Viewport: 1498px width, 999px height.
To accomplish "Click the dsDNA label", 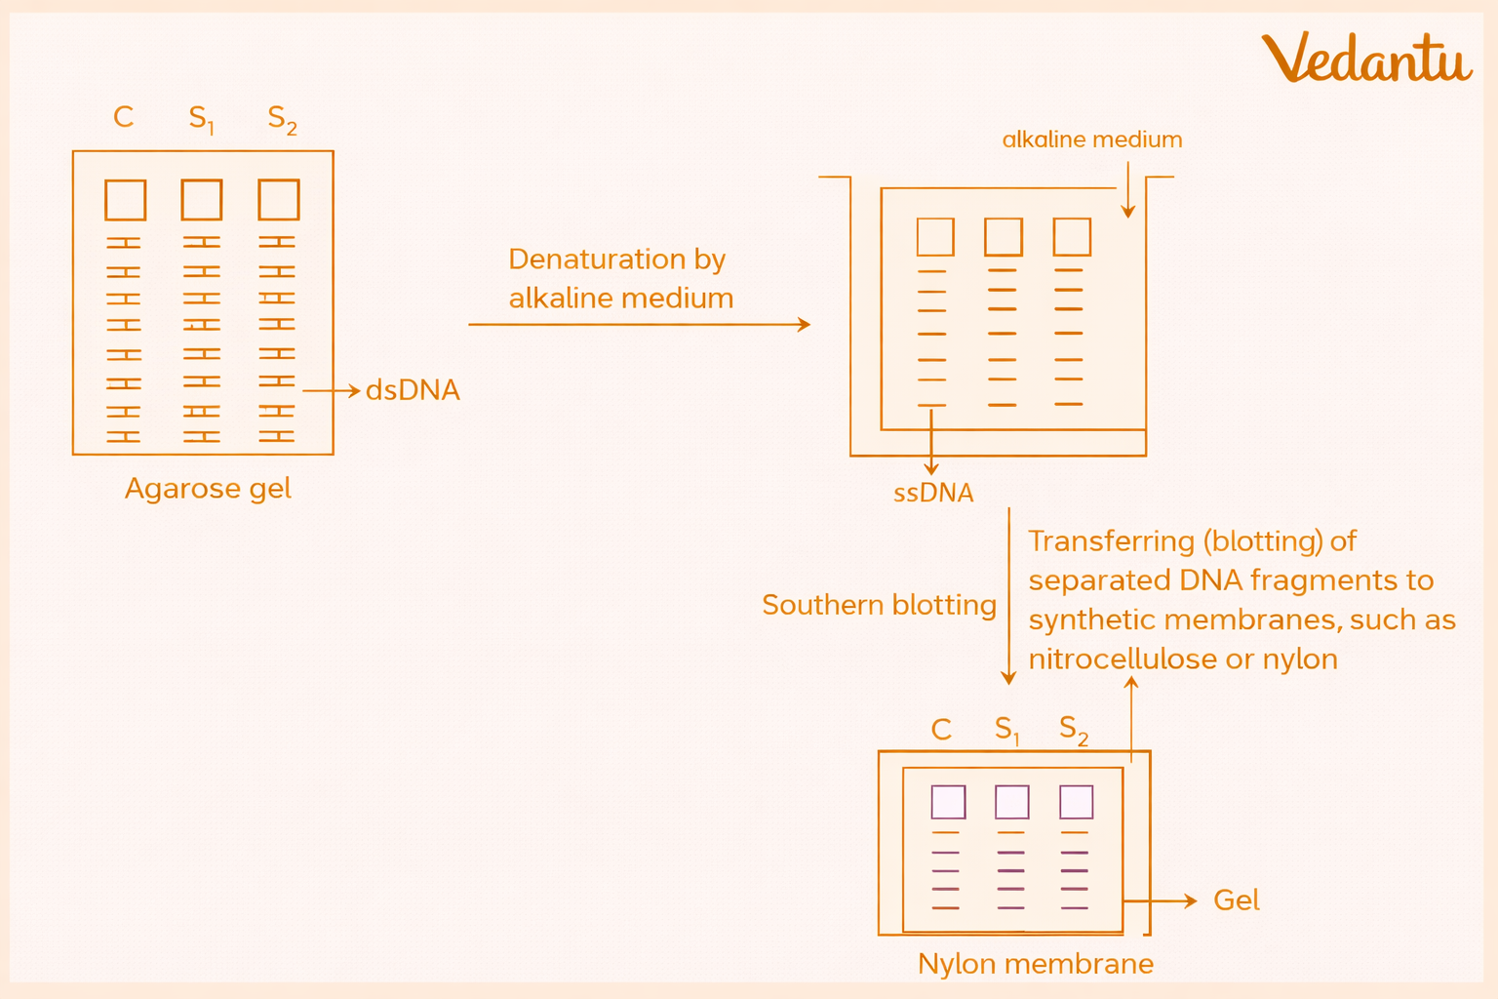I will [413, 390].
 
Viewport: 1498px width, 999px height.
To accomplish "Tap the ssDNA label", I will [933, 493].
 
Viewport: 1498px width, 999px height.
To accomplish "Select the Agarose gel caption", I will [208, 488].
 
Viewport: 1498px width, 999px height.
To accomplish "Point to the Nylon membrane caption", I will [1035, 964].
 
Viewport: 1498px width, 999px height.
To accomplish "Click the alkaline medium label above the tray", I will [1092, 140].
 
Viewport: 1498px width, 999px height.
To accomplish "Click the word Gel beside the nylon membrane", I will [1236, 900].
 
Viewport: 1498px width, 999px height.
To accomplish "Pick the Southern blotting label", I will [879, 605].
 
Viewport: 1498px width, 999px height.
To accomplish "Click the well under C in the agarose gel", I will [126, 200].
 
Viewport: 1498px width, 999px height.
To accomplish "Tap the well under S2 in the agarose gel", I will [279, 200].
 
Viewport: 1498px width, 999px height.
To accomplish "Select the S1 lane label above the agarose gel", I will [201, 119].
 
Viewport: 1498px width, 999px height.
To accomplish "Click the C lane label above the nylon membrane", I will [941, 730].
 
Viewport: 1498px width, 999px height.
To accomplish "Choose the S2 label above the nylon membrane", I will [1073, 730].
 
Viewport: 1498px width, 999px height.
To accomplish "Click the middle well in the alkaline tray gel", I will [1004, 237].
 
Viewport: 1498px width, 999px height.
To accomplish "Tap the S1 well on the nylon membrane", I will [1011, 802].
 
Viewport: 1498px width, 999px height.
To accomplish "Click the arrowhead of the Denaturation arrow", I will [805, 324].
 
